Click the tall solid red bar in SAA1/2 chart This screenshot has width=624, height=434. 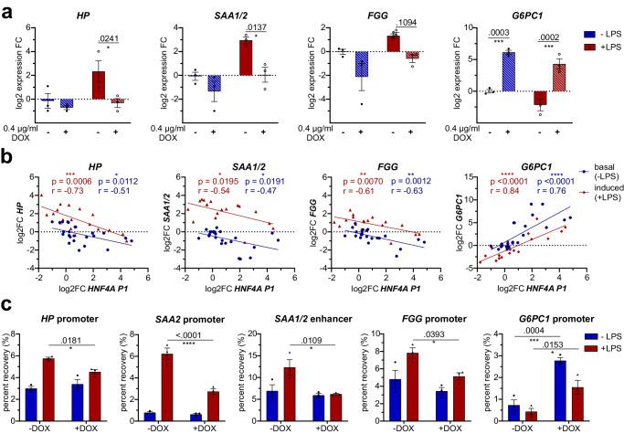[246, 69]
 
